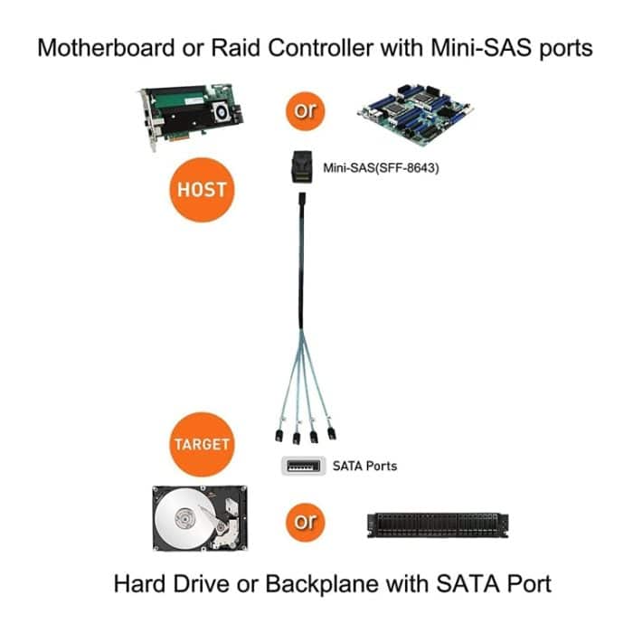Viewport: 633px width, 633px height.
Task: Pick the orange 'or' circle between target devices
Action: pos(306,522)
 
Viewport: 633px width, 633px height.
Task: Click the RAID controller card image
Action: pos(194,113)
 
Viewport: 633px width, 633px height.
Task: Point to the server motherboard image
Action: pos(417,112)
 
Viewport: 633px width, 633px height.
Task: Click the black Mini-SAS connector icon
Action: pos(298,167)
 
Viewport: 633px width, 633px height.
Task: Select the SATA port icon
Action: pos(298,467)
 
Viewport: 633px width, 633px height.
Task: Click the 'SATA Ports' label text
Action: pos(364,467)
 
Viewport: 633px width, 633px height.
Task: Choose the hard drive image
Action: pos(198,521)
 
